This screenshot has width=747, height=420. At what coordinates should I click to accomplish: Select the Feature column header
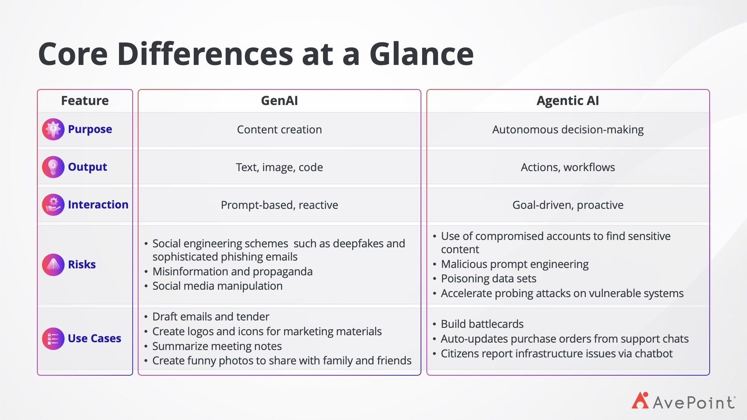coord(85,101)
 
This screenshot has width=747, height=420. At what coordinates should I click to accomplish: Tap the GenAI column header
coord(279,101)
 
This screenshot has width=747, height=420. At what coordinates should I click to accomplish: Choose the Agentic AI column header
coord(568,101)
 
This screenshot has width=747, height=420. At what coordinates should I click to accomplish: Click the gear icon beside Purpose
coord(53,129)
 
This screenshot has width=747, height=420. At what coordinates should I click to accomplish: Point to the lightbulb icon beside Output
coord(53,167)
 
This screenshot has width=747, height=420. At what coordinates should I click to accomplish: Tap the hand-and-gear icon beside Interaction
coord(53,205)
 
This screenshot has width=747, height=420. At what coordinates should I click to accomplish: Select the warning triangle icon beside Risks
coord(53,264)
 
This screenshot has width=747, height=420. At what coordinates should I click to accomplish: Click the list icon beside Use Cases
coord(53,338)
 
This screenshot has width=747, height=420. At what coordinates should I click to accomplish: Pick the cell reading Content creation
coord(279,129)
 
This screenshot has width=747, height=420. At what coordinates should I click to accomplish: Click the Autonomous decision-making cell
coord(568,129)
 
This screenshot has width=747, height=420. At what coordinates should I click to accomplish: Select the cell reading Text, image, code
coord(279,167)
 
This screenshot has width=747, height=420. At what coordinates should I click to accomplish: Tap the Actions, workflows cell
coord(568,167)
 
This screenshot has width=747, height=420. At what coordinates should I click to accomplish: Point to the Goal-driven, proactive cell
coord(568,205)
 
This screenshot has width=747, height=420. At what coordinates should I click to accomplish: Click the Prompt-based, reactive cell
coord(279,205)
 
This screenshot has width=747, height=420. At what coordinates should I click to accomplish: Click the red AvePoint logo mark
coord(640,401)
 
